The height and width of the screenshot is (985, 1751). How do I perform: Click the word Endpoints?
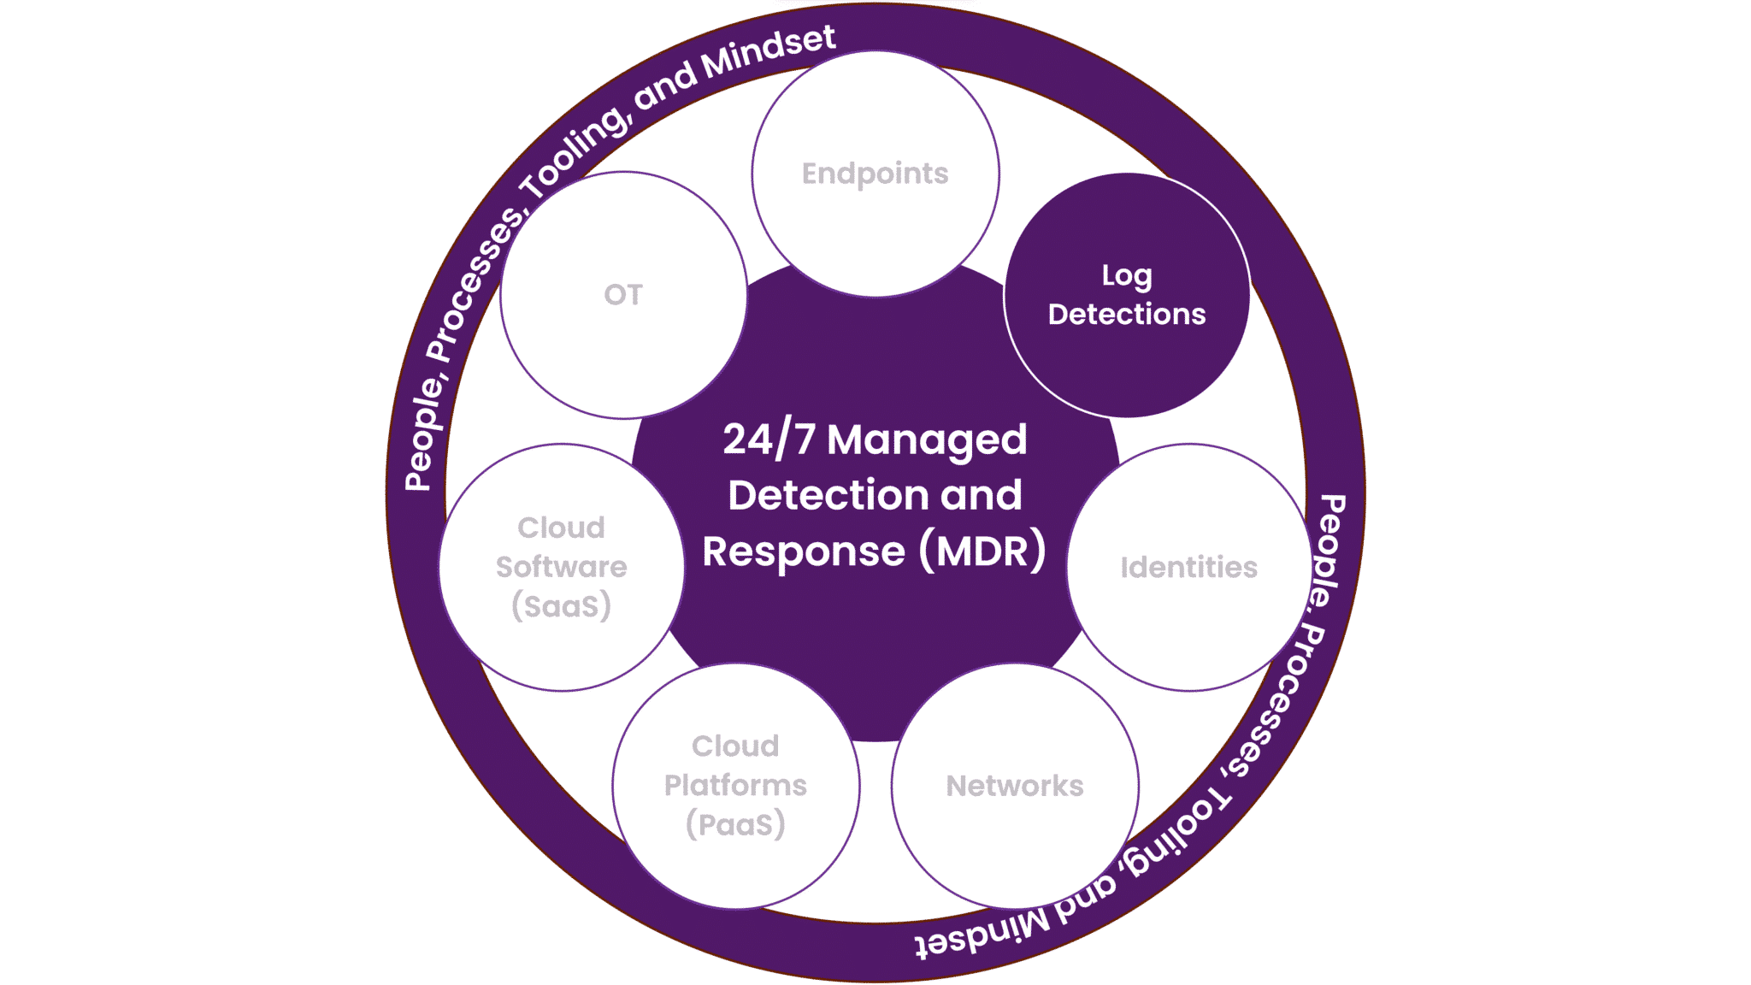point(875,174)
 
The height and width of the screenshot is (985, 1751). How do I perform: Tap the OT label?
point(622,295)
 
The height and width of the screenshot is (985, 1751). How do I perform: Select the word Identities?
point(1188,568)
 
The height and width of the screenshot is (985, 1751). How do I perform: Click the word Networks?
point(1014,786)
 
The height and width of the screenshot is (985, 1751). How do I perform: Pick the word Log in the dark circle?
point(1126,276)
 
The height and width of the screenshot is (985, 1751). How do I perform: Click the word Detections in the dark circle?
point(1126,315)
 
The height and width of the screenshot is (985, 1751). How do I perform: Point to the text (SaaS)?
point(561,606)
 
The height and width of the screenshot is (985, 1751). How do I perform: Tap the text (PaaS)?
point(735,824)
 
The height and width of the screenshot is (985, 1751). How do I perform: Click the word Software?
point(561,567)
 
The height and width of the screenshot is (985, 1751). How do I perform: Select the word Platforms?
point(735,785)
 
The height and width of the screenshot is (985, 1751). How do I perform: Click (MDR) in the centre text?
point(982,551)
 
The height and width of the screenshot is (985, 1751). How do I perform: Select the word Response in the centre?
point(803,551)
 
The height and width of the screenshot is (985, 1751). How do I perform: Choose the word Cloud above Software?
point(561,528)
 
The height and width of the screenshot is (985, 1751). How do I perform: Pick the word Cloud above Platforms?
point(735,746)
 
